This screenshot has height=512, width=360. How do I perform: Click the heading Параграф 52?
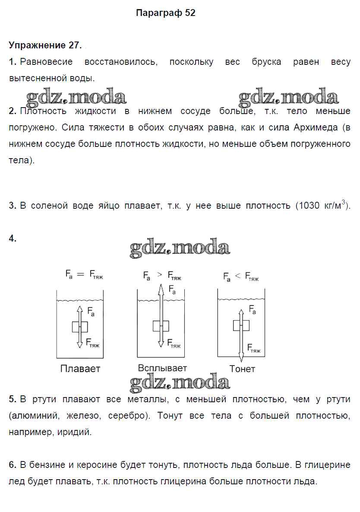(x=165, y=13)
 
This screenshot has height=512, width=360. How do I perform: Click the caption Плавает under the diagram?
(x=80, y=369)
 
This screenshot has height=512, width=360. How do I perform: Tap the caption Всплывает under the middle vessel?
(x=162, y=368)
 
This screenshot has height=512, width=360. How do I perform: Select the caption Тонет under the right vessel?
(x=242, y=369)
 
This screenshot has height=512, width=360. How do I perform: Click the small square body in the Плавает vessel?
(x=80, y=327)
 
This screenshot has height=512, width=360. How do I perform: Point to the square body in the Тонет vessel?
(x=241, y=325)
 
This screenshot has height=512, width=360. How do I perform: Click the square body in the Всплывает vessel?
(x=161, y=326)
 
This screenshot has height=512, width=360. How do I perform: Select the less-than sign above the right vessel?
(x=238, y=277)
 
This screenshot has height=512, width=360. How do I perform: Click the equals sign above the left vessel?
(x=81, y=273)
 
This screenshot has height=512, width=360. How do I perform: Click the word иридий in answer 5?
(x=74, y=432)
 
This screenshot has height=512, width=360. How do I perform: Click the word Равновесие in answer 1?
(x=46, y=62)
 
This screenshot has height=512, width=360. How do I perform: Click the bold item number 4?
(x=13, y=239)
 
